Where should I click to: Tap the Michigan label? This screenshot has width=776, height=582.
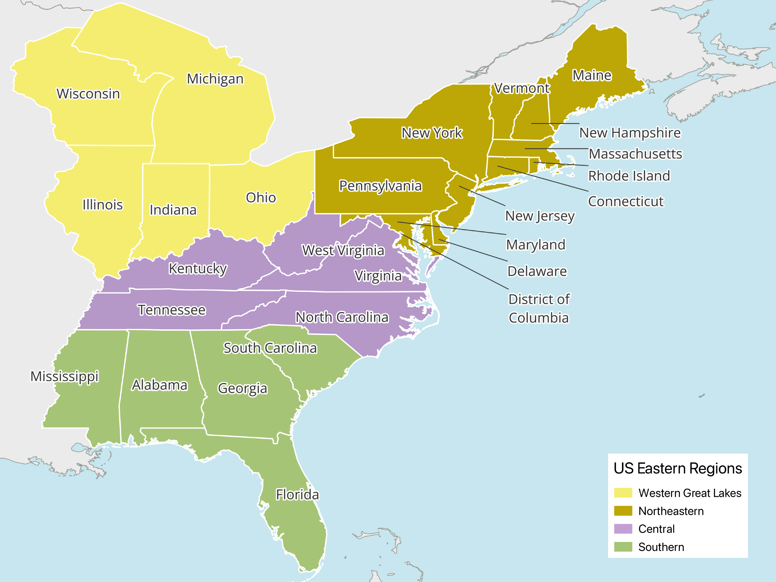click(x=215, y=79)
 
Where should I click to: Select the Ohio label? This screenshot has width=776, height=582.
click(x=261, y=198)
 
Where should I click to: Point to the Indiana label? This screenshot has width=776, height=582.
click(x=173, y=210)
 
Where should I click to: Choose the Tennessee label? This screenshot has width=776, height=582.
click(x=172, y=310)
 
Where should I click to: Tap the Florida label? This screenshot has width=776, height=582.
click(x=297, y=494)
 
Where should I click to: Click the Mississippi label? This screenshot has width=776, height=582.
click(x=65, y=376)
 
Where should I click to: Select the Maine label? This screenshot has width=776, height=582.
click(x=592, y=75)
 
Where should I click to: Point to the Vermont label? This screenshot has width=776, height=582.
click(x=522, y=89)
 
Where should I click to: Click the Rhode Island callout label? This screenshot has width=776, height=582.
click(x=629, y=176)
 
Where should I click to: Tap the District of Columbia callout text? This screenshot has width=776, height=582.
click(x=539, y=308)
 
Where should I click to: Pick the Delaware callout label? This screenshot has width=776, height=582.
click(x=537, y=271)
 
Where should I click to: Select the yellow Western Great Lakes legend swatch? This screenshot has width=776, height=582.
click(x=623, y=493)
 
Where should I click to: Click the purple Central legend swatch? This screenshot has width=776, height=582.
click(x=623, y=529)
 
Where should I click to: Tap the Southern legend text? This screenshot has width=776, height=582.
click(x=661, y=547)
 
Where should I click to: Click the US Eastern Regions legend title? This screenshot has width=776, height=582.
click(x=677, y=468)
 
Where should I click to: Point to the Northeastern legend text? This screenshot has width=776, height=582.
click(x=671, y=511)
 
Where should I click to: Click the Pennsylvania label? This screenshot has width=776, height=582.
click(x=380, y=186)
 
